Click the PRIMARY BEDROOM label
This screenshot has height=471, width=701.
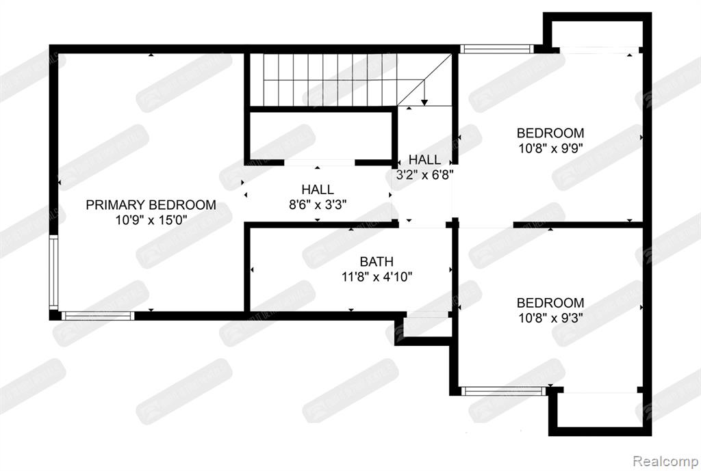click(151, 204)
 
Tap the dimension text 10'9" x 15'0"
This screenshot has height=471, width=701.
click(151, 219)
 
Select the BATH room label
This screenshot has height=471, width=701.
click(377, 262)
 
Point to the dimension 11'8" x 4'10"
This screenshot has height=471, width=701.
click(377, 277)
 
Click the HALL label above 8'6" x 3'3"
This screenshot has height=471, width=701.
click(318, 189)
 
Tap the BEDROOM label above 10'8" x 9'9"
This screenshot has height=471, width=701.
click(550, 133)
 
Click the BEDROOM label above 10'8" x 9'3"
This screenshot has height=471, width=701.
click(550, 303)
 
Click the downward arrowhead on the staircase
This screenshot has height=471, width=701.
click(424, 102)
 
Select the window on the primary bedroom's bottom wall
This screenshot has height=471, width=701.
click(97, 315)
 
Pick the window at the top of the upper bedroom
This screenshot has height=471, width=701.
click(496, 49)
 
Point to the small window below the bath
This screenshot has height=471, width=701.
click(426, 315)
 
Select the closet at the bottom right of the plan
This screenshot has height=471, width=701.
click(600, 410)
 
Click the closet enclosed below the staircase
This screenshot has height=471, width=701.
click(319, 136)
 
